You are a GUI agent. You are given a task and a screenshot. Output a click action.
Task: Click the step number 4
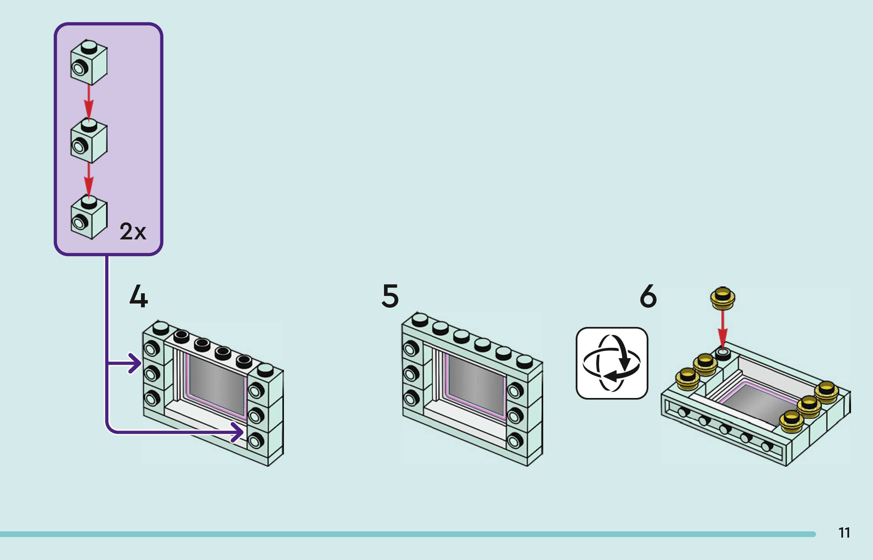pyautogui.click(x=139, y=296)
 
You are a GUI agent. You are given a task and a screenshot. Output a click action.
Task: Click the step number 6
pyautogui.click(x=648, y=296)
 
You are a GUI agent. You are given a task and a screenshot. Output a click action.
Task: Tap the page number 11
pyautogui.click(x=844, y=533)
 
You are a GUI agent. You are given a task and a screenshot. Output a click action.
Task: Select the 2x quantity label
pyautogui.click(x=133, y=231)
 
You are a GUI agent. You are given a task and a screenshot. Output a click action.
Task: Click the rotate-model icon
pyautogui.click(x=612, y=363)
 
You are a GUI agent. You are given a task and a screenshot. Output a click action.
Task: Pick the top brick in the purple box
pyautogui.click(x=89, y=62)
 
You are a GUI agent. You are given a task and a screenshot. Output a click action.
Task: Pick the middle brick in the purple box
pyautogui.click(x=89, y=141)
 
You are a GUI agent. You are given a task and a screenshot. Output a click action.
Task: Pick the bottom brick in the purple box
pyautogui.click(x=89, y=217)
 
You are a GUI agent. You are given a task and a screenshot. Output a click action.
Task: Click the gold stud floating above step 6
pyautogui.click(x=723, y=298)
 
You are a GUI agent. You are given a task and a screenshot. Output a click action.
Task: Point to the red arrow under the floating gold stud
pyautogui.click(x=723, y=330)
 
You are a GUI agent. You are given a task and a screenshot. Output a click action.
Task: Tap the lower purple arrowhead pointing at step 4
pyautogui.click(x=238, y=432)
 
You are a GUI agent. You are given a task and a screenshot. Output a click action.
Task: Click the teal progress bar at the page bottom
pyautogui.click(x=408, y=534)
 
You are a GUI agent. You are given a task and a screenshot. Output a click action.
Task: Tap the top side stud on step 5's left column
pyautogui.click(x=410, y=348)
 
